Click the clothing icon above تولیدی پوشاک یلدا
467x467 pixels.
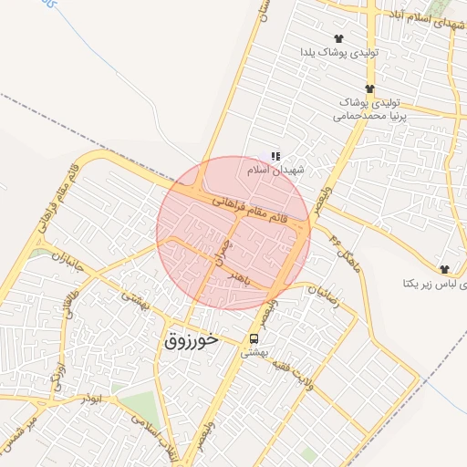coord(338,38)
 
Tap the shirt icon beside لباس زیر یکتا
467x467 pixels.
coord(444,269)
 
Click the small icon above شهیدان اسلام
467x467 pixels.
coord(275,157)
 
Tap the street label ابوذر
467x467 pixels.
coord(92,398)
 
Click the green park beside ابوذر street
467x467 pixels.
coord(137,407)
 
